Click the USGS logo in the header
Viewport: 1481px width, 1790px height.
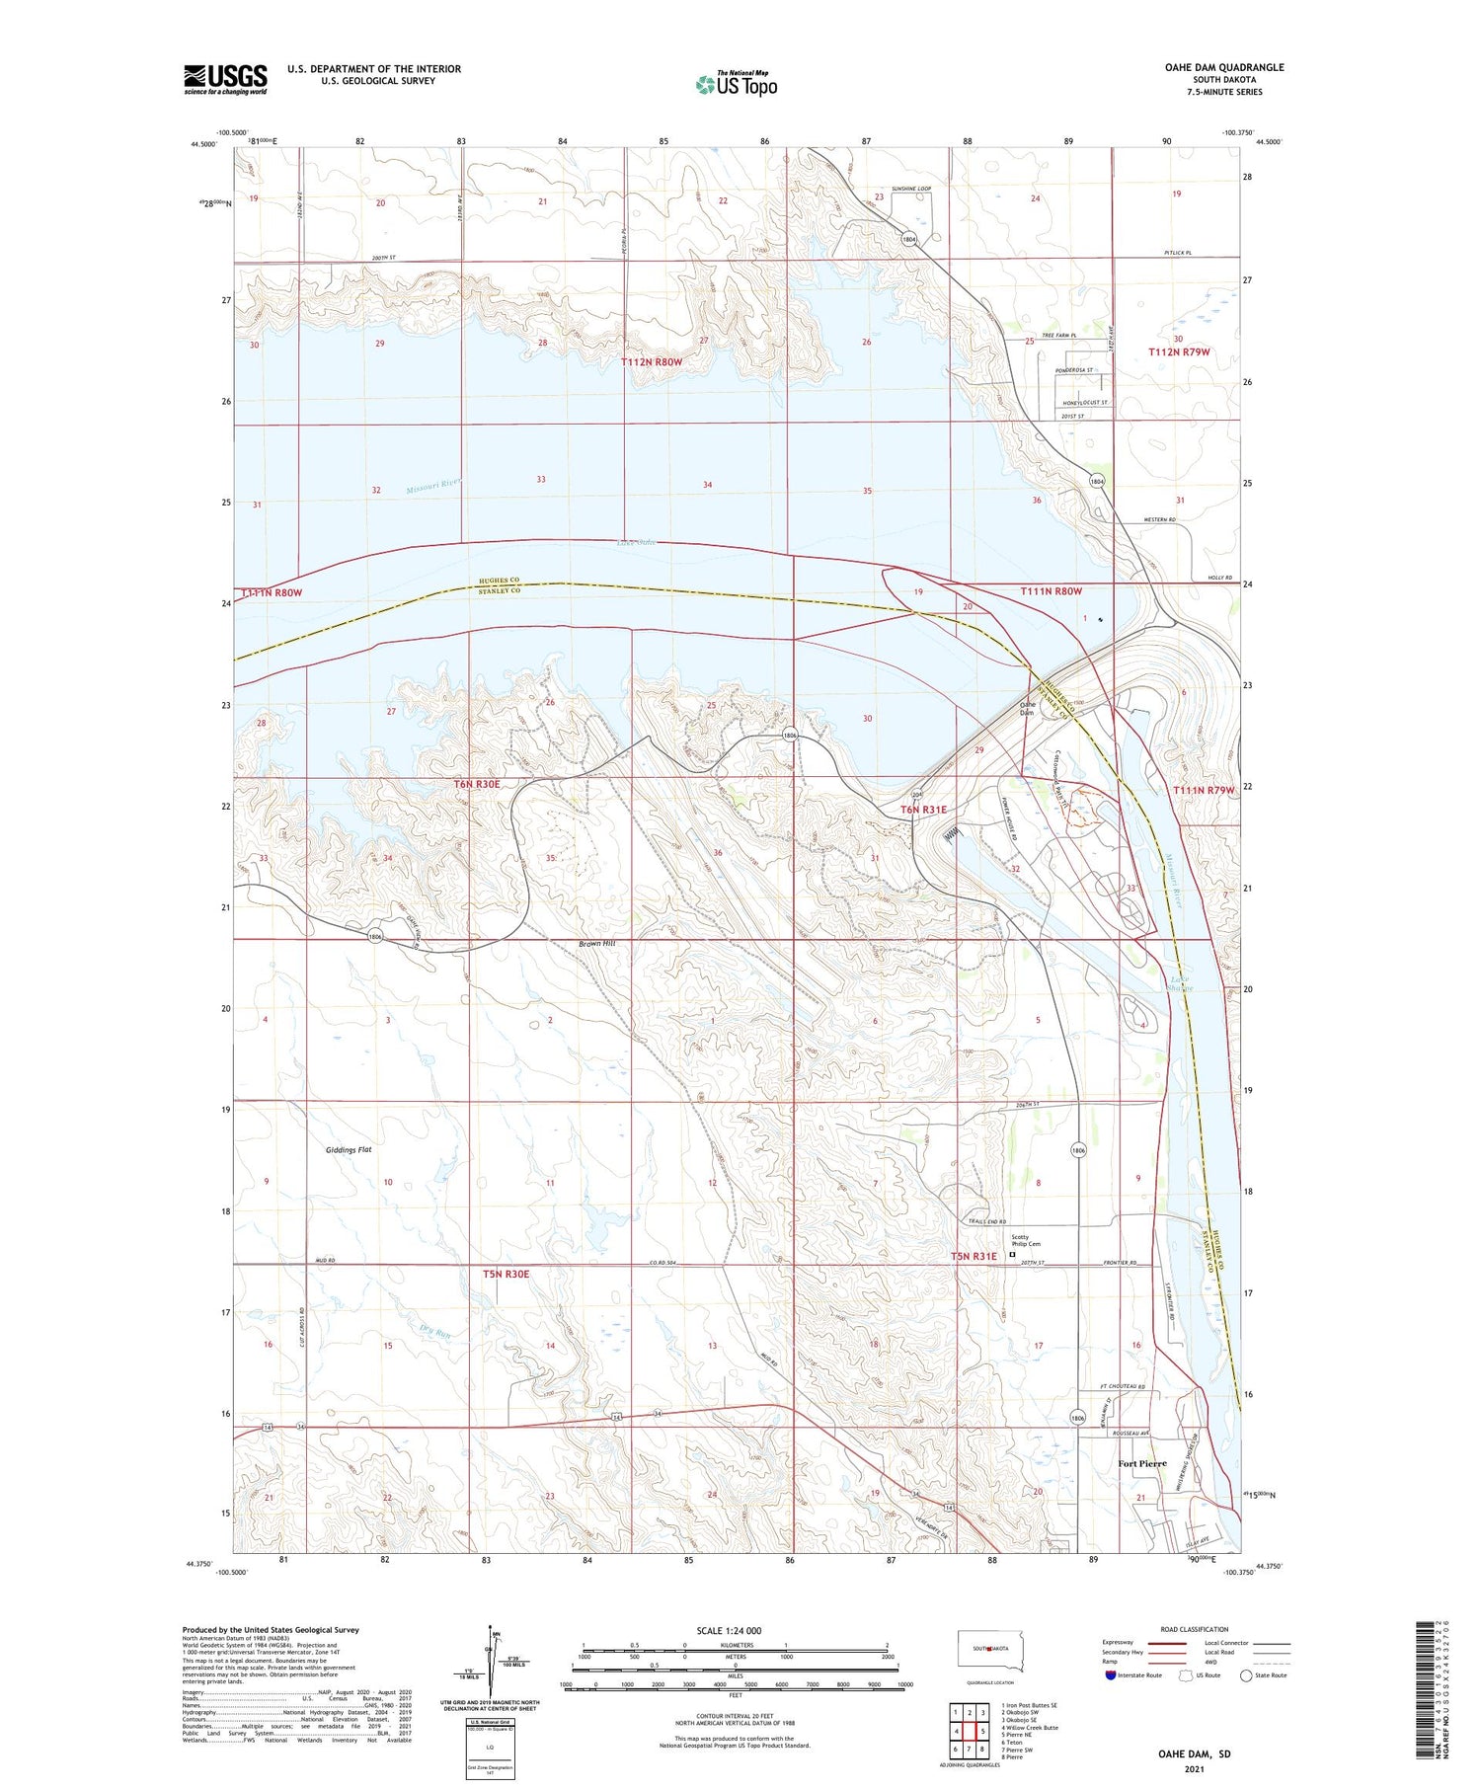click(225, 79)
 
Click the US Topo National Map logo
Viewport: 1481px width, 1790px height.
click(736, 84)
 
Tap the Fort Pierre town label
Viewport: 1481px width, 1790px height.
click(1141, 1463)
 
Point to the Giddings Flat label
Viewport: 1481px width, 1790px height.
click(349, 1150)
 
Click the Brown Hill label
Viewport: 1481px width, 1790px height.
click(596, 944)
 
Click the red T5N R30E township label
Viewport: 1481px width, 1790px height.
click(506, 1275)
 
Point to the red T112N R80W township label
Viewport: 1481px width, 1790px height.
click(652, 362)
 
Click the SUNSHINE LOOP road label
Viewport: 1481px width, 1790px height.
click(910, 188)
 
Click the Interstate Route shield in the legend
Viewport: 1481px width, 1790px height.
click(1111, 1675)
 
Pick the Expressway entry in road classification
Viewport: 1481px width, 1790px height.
click(1119, 1643)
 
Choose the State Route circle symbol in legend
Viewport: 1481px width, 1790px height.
click(1246, 1675)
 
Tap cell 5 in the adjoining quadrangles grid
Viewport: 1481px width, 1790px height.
click(983, 1731)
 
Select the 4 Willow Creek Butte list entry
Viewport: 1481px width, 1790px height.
click(1029, 1728)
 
